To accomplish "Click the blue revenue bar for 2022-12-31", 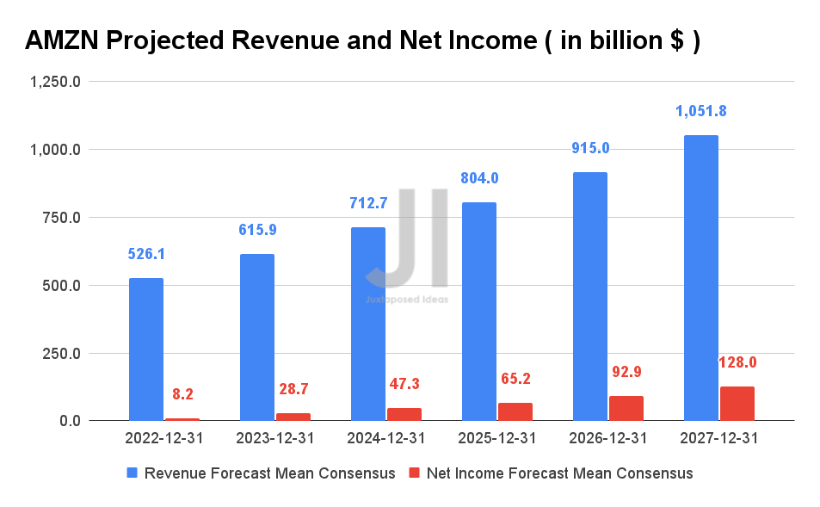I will coord(146,349).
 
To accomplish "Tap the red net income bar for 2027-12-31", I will coord(737,404).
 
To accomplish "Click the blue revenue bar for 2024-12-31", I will coord(368,324).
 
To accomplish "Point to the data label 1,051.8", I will coord(700,111).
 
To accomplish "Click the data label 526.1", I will coord(146,255).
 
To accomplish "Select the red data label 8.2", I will coord(182,394).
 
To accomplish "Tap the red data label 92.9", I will coord(626,372).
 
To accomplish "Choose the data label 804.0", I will coord(479,178).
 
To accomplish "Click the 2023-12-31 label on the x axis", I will coord(275,438).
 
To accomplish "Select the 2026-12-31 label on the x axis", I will coord(608,438).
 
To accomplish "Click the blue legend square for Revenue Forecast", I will coord(132,473).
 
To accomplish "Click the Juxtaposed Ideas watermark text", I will coord(406,300).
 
